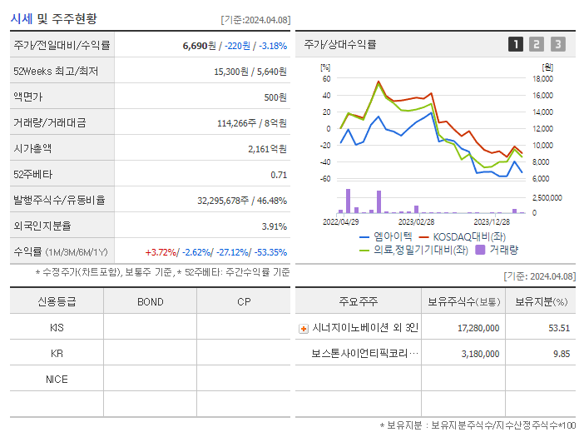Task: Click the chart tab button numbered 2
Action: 537,44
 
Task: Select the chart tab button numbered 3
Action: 557,44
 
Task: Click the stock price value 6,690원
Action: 199,45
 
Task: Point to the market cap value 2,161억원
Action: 267,149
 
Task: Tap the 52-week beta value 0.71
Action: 279,175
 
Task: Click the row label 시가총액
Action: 32,149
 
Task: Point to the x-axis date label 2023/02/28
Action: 416,222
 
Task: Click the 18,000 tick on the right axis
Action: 542,79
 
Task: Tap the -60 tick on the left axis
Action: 324,179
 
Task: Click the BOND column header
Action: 150,301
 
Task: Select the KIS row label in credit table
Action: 57,328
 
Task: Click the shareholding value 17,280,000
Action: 478,328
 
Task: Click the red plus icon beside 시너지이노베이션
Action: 303,329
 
